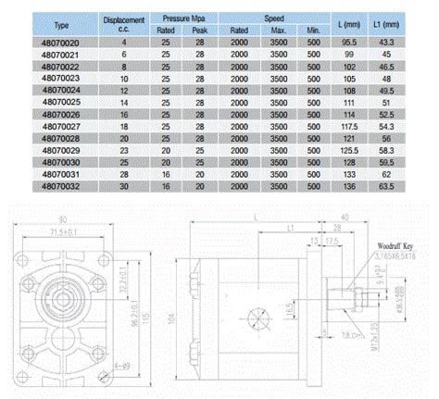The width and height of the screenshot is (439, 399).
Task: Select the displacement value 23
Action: point(123,149)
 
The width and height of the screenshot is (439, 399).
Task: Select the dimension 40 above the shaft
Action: point(345,217)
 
